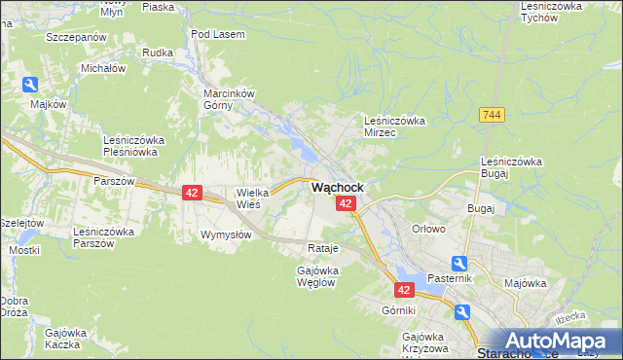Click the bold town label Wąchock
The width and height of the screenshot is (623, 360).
pos(338,187)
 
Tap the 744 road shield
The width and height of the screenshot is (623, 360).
pos(492,115)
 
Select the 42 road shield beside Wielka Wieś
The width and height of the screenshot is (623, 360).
pos(192,194)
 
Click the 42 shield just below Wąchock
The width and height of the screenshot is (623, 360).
pos(346,203)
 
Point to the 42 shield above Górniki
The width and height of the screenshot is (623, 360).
pos(406,289)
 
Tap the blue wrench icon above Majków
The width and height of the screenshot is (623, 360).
pos(30,86)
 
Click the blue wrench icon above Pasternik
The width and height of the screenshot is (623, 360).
pos(459,263)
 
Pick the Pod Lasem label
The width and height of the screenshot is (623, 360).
pos(218,34)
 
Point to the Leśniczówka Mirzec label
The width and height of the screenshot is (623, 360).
pos(394,126)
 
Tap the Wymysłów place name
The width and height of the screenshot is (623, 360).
pos(226,235)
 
